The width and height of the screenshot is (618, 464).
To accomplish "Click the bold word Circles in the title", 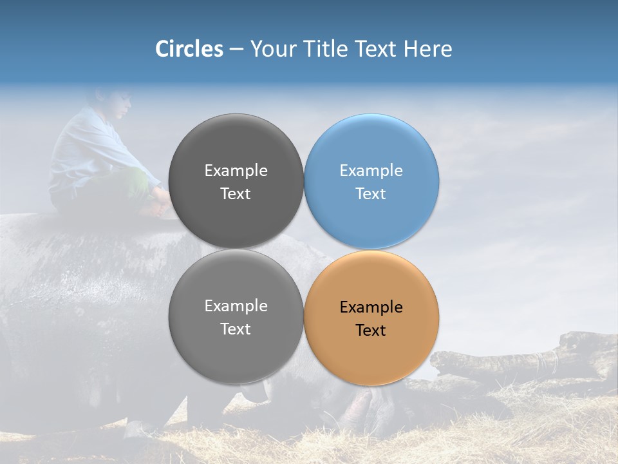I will coord(189,49).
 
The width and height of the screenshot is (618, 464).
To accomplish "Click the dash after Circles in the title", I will coord(236,50).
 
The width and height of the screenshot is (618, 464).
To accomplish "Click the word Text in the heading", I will coord(376,49).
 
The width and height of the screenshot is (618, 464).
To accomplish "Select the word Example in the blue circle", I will coord(371,171).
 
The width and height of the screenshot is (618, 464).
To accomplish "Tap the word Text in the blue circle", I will coord(371,194).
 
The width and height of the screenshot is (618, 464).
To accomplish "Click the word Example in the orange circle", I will coord(371,307).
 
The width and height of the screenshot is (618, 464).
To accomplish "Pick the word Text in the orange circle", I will coord(371,331).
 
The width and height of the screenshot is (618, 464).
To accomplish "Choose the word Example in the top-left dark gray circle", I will coord(236,171).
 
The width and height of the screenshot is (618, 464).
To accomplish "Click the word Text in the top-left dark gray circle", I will coord(236,194).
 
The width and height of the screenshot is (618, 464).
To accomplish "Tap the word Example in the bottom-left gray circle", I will coord(236,306).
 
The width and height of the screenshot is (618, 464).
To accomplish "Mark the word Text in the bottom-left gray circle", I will coord(236,329).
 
